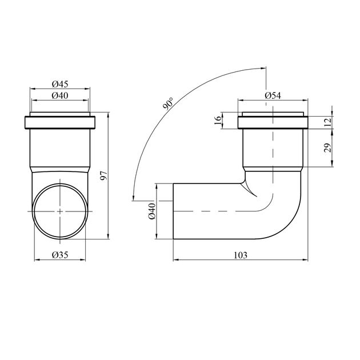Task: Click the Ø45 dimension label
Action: tap(60, 84)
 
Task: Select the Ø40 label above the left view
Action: tap(60, 95)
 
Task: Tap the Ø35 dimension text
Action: tap(60, 255)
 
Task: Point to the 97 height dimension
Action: tap(104, 175)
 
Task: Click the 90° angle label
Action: tap(168, 103)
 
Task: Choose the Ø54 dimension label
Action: tap(273, 95)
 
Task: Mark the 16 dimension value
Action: tap(218, 120)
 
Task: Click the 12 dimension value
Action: tap(329, 122)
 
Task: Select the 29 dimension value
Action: tap(328, 147)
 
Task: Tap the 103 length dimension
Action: tap(241, 255)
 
